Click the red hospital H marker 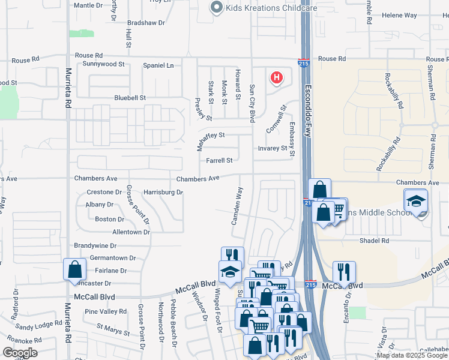(x=277, y=77)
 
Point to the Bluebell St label (x=130, y=98)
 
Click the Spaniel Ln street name (x=158, y=65)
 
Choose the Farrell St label (x=219, y=160)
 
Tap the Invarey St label (x=273, y=148)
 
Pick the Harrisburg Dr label (x=163, y=192)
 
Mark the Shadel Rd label (x=374, y=241)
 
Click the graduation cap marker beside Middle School (x=416, y=202)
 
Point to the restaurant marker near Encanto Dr (x=344, y=272)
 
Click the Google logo (x=20, y=353)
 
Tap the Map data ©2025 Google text (x=411, y=355)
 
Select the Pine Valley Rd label (x=105, y=311)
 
